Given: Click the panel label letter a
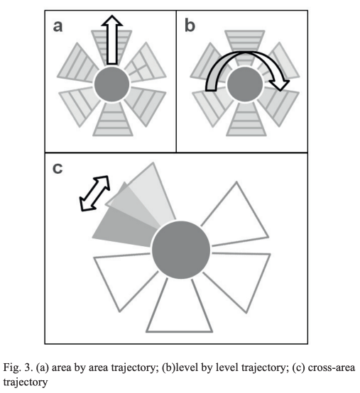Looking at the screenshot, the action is [x=58, y=26].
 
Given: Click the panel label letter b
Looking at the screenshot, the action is [x=190, y=25].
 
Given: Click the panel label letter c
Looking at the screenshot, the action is [x=58, y=168].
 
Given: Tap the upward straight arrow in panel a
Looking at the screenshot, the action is [x=112, y=40].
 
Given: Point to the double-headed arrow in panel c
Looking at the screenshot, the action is [x=95, y=193].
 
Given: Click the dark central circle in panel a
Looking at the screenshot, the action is [x=112, y=84].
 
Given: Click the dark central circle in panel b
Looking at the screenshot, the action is [x=245, y=84].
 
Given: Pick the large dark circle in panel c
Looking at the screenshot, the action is [x=181, y=250].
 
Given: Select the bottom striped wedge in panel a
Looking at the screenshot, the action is [x=113, y=121].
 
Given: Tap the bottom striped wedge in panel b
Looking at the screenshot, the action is [x=246, y=121].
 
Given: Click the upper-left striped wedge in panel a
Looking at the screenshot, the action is [x=78, y=65].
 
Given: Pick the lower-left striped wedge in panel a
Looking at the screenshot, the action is [x=79, y=105].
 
